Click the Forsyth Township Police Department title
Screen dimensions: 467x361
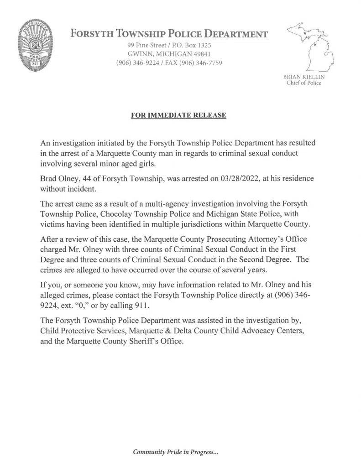(x=168, y=34)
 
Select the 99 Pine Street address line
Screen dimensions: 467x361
(x=168, y=46)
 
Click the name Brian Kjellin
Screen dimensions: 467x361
(x=303, y=77)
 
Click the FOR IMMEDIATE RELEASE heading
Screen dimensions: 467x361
(x=178, y=115)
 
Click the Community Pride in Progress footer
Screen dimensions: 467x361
(x=176, y=452)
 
